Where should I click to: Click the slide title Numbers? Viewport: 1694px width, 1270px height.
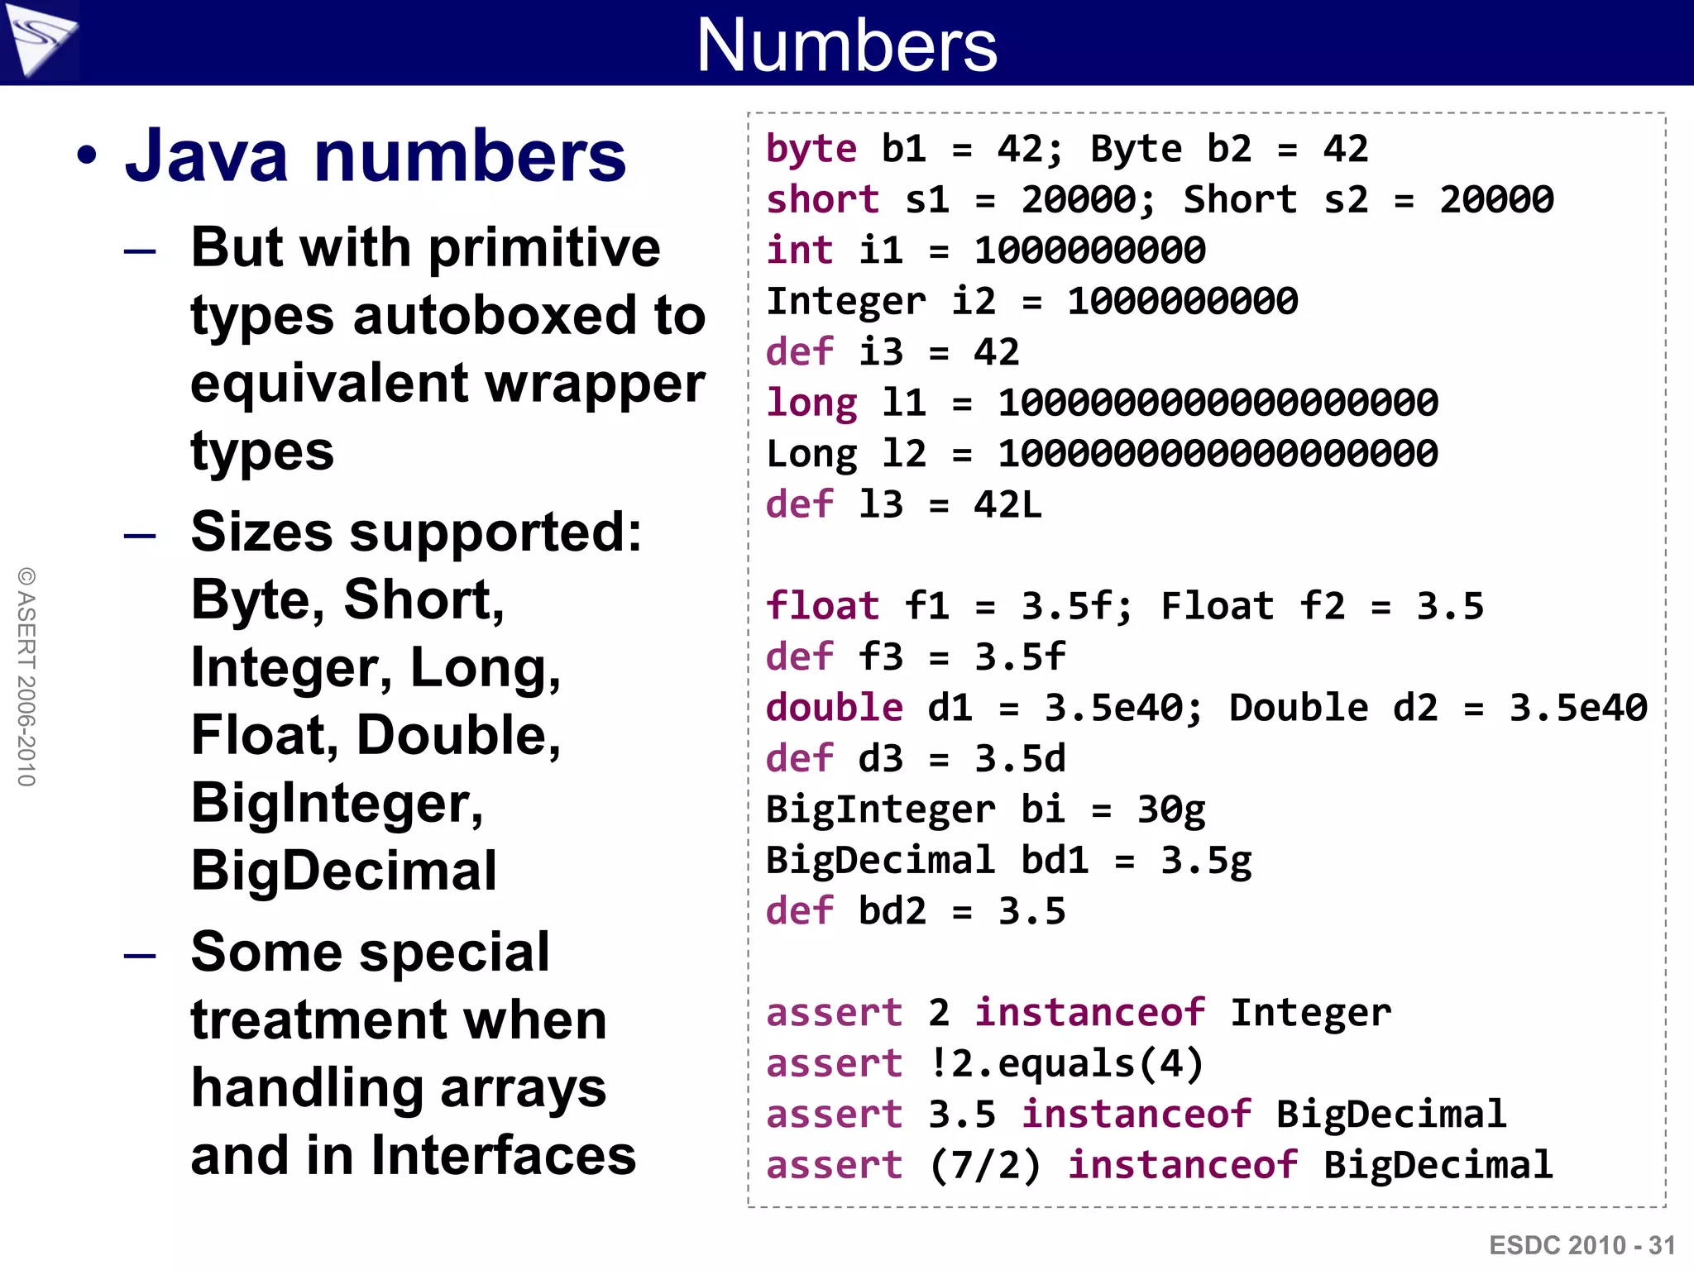click(847, 45)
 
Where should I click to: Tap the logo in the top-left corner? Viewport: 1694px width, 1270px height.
click(40, 39)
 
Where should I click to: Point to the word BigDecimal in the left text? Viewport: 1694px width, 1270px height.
click(344, 871)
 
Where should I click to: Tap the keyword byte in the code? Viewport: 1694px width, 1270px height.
click(811, 150)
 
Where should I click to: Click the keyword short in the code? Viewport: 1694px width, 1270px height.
click(822, 200)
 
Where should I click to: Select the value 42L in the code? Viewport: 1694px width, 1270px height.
click(1007, 505)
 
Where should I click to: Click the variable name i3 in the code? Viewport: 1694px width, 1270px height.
click(881, 352)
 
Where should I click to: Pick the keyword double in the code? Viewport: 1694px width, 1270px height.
click(834, 708)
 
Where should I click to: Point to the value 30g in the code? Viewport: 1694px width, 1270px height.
click(1171, 810)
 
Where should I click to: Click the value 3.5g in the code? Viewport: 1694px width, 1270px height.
click(1206, 861)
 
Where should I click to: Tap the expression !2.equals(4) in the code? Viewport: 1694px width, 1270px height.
click(1065, 1064)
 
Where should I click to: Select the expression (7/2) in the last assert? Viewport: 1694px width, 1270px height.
click(985, 1166)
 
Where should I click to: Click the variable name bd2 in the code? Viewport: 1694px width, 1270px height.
click(892, 911)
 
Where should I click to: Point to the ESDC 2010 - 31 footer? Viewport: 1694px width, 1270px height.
click(1582, 1245)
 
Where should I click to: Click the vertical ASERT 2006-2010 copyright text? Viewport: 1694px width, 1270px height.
click(26, 676)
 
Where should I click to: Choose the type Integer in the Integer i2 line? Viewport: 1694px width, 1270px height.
click(845, 302)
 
